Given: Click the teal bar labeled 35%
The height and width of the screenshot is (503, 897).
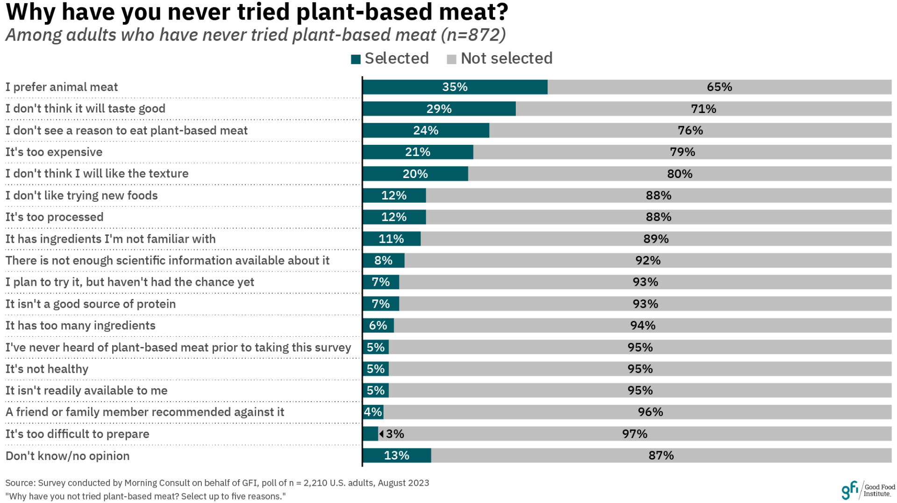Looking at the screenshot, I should coord(455,87).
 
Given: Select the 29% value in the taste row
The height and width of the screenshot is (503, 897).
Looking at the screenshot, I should coord(439,109).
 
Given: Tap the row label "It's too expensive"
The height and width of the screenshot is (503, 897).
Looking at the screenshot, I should coord(54,152).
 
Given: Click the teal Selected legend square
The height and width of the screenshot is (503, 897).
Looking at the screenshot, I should coord(356,59).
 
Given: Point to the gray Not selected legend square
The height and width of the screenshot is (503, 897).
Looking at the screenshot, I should coord(451,59).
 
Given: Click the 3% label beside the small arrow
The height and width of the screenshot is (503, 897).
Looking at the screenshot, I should coord(395,434).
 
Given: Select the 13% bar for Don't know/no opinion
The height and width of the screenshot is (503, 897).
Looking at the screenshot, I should coord(397,455).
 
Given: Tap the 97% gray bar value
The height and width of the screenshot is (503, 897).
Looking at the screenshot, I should coord(634,434).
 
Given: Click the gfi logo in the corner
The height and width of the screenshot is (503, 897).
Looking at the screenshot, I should coord(850,490).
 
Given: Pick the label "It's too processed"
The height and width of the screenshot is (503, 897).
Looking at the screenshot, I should coord(54,217).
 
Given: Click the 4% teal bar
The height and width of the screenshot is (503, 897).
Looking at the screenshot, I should coord(373,412).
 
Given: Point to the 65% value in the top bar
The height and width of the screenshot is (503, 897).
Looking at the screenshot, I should coord(719,87).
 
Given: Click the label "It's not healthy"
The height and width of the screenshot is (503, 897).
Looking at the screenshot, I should coord(47,369).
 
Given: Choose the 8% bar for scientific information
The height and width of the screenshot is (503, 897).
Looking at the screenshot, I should coord(383,261).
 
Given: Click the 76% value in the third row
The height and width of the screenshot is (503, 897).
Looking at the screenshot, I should coord(690,130).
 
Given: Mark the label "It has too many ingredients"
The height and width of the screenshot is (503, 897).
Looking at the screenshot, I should coord(80,326).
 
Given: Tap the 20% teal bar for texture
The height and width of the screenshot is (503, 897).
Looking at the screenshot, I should coord(415,174).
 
